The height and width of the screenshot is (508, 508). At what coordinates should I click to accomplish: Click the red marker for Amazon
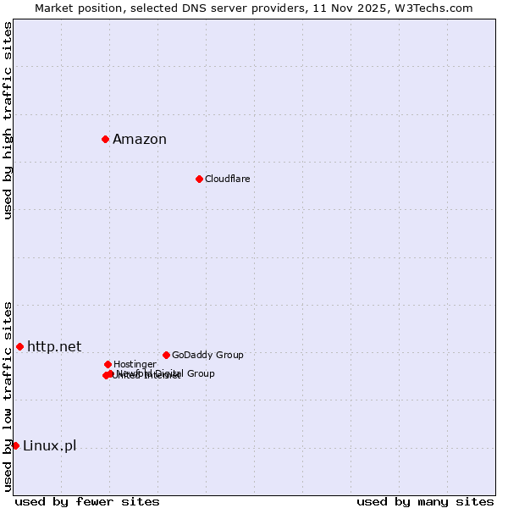pyautogui.click(x=105, y=139)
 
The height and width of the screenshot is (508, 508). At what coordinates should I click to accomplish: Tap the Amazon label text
pyautogui.click(x=140, y=140)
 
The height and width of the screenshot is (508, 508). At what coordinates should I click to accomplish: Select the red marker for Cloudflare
pyautogui.click(x=199, y=179)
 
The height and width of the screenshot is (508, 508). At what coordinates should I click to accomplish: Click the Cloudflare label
pyautogui.click(x=227, y=179)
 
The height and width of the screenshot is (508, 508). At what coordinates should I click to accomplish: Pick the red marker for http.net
pyautogui.click(x=19, y=346)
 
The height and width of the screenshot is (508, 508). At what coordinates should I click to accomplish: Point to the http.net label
pyautogui.click(x=54, y=346)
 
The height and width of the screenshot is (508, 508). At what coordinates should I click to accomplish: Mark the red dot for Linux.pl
pyautogui.click(x=15, y=445)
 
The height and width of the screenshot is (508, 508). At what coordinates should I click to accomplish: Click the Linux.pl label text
pyautogui.click(x=49, y=446)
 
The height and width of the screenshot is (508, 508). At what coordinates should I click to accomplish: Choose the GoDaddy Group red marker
pyautogui.click(x=166, y=355)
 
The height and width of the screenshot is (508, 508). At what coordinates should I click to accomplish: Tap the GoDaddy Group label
pyautogui.click(x=207, y=355)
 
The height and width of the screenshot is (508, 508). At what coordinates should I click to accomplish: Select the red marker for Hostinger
pyautogui.click(x=108, y=364)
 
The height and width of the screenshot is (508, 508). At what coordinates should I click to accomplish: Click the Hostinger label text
pyautogui.click(x=135, y=364)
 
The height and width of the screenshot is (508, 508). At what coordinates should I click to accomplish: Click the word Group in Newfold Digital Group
pyautogui.click(x=200, y=373)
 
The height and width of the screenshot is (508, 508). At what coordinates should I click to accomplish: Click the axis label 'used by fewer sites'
pyautogui.click(x=87, y=502)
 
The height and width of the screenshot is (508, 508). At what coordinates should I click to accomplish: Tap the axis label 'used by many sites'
pyautogui.click(x=425, y=502)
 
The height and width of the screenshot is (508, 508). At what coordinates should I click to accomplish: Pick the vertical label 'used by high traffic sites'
pyautogui.click(x=8, y=120)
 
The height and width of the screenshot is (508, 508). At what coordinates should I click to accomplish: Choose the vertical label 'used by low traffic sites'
pyautogui.click(x=8, y=396)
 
